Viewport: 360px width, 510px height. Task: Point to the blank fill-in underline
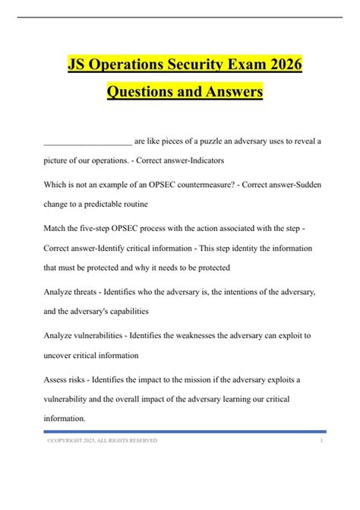point(87,142)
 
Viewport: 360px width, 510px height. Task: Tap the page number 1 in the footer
point(322,440)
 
